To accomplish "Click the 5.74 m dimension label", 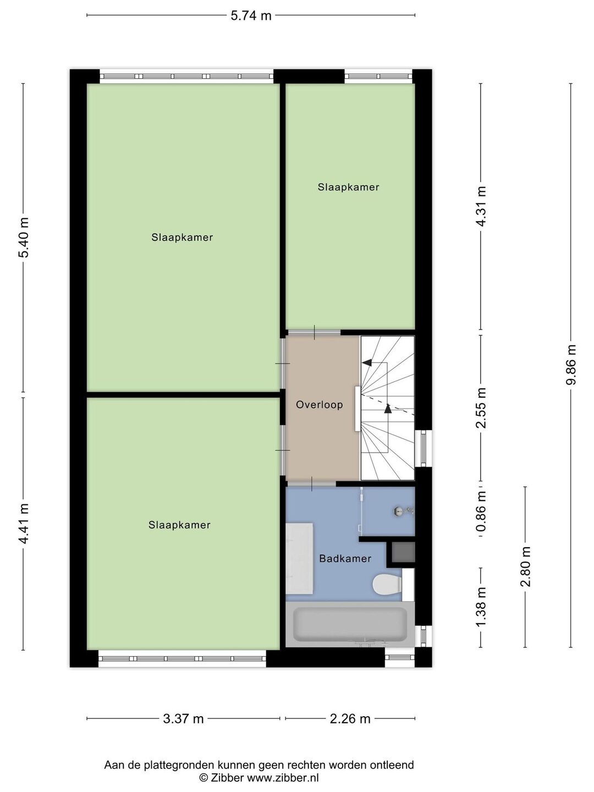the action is click(x=251, y=16).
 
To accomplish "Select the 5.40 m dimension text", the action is click(x=24, y=237).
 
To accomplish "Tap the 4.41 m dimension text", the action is click(x=24, y=524).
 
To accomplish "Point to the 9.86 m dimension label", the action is click(x=570, y=365).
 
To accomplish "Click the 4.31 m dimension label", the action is click(x=481, y=206).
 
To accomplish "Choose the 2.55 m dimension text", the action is click(x=481, y=408).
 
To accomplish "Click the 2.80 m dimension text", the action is click(x=525, y=567).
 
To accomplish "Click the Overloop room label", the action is click(x=319, y=405).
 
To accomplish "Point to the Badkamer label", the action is click(x=345, y=559).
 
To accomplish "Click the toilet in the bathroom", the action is click(x=388, y=584).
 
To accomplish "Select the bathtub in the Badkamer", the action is click(x=350, y=624).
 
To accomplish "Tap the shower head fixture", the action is click(x=403, y=510).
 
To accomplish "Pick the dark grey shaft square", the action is click(x=403, y=552).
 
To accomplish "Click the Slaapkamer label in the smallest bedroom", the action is click(x=348, y=187).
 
